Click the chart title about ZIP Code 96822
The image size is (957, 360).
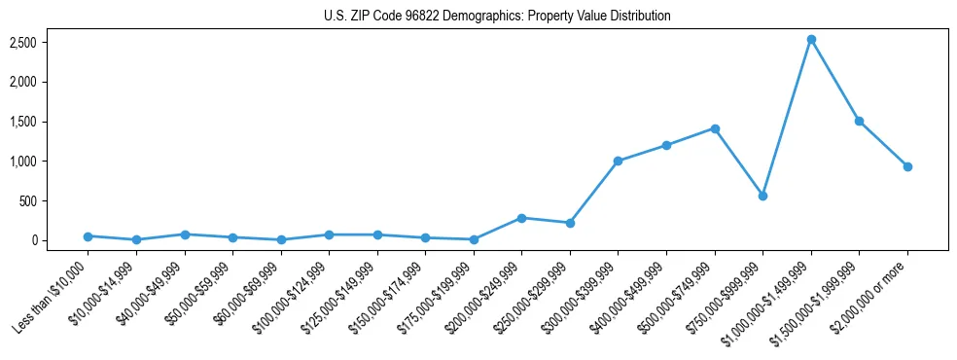[x=497, y=17]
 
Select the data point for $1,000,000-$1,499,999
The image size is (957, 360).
[x=811, y=40]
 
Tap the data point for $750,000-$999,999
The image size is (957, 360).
[x=762, y=196]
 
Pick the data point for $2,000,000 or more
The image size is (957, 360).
[x=907, y=166]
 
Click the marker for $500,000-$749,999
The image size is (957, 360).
[x=715, y=128]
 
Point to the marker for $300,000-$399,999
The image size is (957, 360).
[x=619, y=161]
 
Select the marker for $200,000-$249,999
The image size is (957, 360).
[x=522, y=218]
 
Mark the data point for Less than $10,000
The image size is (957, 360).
[x=89, y=236]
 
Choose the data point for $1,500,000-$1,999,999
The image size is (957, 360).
[x=859, y=121]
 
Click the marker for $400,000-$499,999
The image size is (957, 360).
[x=666, y=145]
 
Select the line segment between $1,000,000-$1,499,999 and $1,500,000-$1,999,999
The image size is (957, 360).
[x=835, y=81]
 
